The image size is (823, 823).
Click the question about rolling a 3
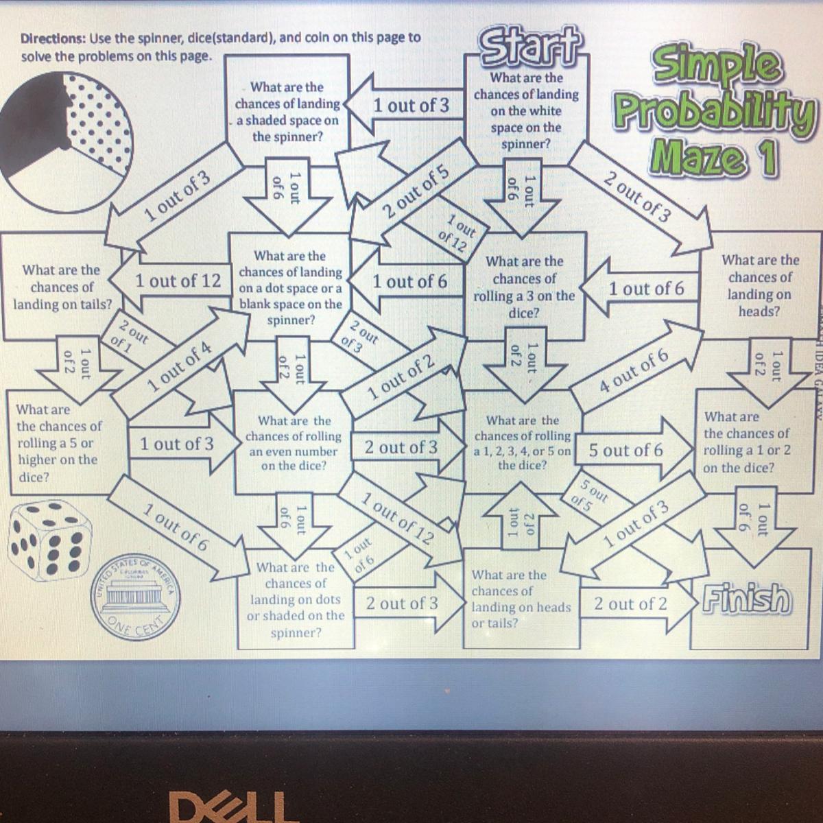click(525, 287)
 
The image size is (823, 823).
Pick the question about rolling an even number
click(294, 443)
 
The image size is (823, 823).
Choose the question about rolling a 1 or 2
click(746, 442)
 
